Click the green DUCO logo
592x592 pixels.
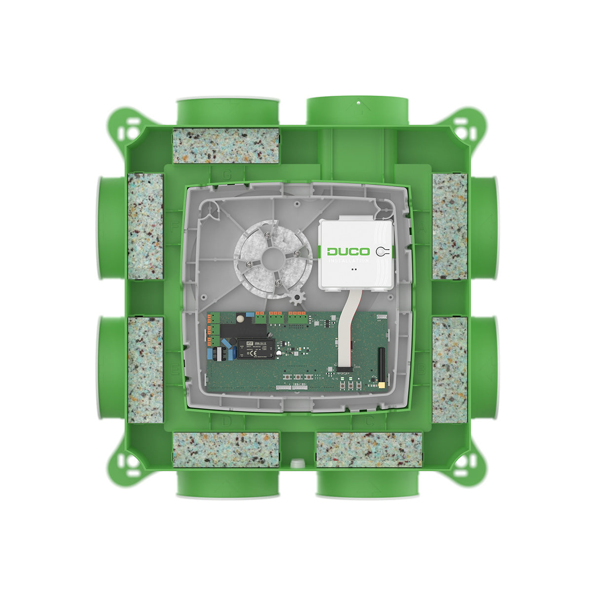tap(349, 251)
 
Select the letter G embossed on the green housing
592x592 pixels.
tap(227, 175)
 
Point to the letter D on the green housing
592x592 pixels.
tap(226, 420)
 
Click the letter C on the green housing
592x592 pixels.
tap(369, 420)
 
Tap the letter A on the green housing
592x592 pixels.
tap(422, 228)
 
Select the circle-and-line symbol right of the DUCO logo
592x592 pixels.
tap(383, 251)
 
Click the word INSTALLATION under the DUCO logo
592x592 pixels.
tap(349, 260)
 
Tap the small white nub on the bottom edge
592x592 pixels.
tap(296, 462)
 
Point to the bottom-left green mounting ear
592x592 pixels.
tap(125, 467)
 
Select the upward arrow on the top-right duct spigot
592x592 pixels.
tap(358, 105)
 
